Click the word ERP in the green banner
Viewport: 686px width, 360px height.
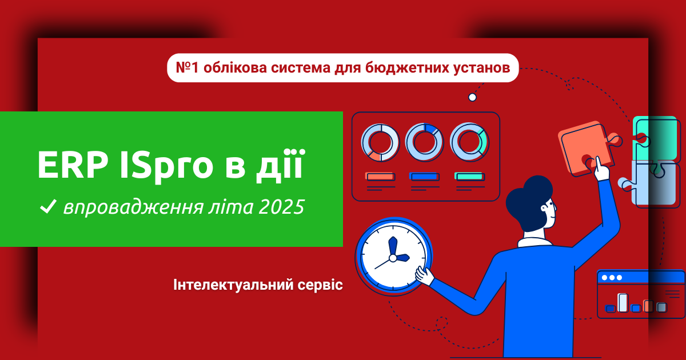pos(73,165)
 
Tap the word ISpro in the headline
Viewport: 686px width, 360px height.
pos(166,167)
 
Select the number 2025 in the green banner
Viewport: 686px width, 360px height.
pos(282,207)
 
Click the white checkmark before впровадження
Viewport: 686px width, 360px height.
pos(49,206)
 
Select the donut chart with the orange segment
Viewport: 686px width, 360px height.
pos(380,143)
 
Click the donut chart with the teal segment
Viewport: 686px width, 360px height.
pos(469,142)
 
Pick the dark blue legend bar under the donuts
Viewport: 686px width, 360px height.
pos(424,177)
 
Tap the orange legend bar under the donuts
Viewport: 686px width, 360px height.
pos(380,177)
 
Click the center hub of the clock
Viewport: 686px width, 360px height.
pos(393,259)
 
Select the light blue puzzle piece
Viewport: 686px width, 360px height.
pos(652,184)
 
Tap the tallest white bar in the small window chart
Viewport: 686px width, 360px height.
pos(623,302)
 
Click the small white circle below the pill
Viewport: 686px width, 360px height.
pos(473,97)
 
